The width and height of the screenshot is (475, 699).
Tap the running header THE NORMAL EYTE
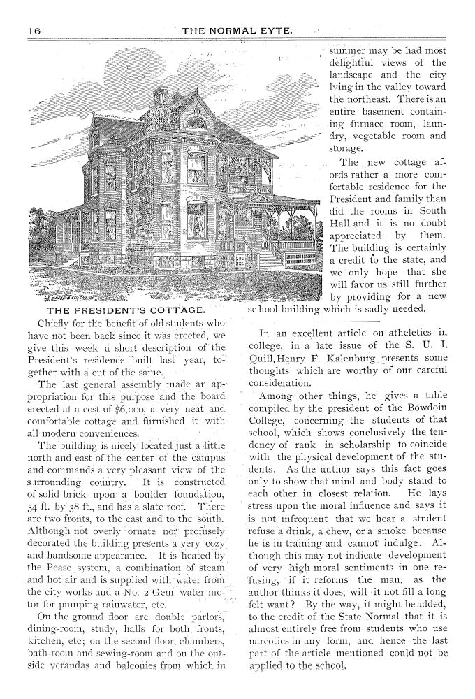pyautogui.click(x=237, y=31)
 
